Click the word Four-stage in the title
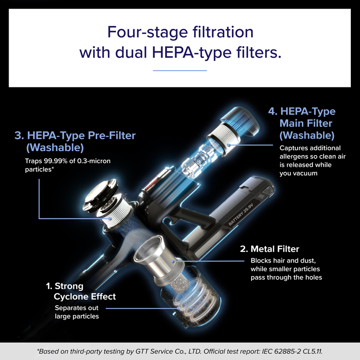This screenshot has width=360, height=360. point(148,32)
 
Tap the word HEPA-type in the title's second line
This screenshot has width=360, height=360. point(192,53)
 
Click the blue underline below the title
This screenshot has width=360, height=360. point(180,71)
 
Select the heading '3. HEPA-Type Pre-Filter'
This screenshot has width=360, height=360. point(75,135)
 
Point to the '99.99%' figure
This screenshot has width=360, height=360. point(56,161)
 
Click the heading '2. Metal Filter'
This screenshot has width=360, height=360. point(270,249)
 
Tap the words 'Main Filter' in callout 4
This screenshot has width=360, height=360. point(306,123)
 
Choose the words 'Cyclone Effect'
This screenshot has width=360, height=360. point(84,297)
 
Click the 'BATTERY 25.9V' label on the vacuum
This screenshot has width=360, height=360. point(241,214)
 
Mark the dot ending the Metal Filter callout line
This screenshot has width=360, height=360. point(173,261)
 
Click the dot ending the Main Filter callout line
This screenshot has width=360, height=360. point(228,145)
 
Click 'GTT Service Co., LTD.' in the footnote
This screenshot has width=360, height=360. point(168,351)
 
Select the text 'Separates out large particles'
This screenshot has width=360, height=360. point(77,312)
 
